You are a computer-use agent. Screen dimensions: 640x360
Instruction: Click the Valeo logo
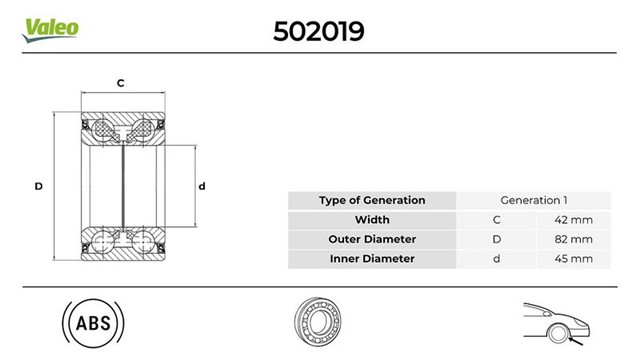tap(50, 30)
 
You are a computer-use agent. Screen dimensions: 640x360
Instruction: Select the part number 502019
tap(318, 31)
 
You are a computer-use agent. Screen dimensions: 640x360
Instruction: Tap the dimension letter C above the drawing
tap(120, 83)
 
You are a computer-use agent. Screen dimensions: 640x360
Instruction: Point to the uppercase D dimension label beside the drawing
tap(38, 187)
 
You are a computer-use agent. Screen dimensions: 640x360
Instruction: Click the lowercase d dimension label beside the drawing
tap(202, 187)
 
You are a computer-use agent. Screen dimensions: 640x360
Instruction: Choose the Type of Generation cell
tap(372, 200)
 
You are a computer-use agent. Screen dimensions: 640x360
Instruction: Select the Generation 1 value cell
tap(533, 200)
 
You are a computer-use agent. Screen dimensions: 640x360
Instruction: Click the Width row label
tap(372, 220)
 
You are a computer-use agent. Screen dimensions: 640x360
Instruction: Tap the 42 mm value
tap(573, 220)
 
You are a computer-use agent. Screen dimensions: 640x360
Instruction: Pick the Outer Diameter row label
tap(372, 239)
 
